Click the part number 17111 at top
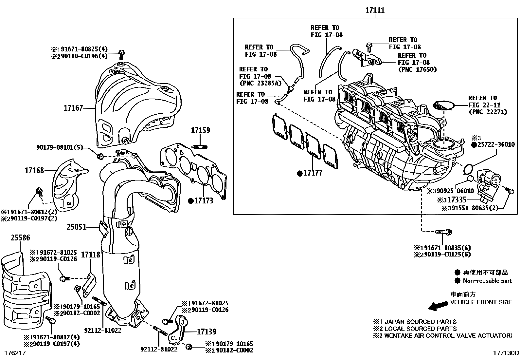[x=375, y=11]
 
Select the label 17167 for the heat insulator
[x=73, y=108]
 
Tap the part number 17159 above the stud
[x=201, y=130]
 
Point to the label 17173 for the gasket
[x=204, y=201]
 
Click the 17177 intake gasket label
[x=313, y=173]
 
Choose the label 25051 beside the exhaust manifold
[x=77, y=227]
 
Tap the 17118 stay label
[x=91, y=254]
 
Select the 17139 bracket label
[x=207, y=332]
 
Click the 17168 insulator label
[x=34, y=170]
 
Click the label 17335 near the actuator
[x=457, y=200]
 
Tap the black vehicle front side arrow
[x=438, y=306]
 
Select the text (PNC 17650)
[x=417, y=69]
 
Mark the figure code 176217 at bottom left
[x=14, y=353]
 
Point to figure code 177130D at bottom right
[x=506, y=353]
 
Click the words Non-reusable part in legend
[x=487, y=281]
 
